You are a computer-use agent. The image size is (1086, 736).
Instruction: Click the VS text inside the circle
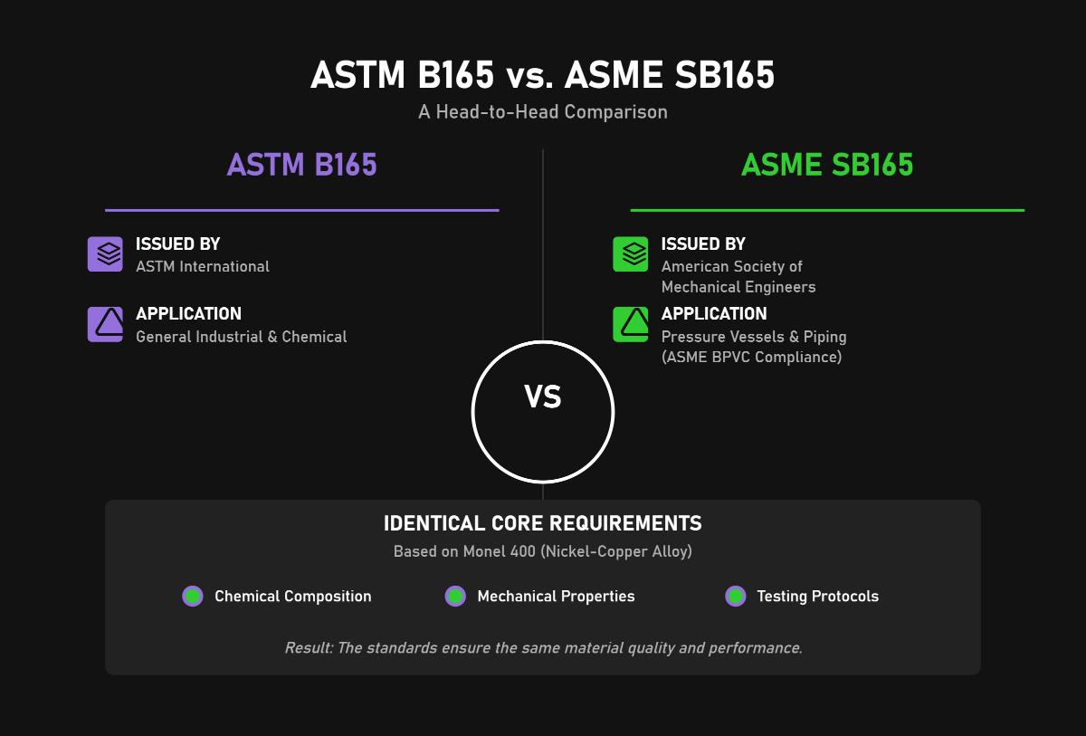(543, 397)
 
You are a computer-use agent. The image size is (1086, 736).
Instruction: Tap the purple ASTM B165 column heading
(301, 166)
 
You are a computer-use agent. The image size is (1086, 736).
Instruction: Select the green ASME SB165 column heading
(827, 166)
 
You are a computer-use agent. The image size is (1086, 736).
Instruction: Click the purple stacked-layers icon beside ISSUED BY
(105, 254)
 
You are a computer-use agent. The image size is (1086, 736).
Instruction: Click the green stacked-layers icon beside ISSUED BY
(631, 254)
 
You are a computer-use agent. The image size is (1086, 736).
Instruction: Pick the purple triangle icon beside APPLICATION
(105, 324)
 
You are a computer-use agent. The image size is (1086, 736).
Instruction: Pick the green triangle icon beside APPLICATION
(631, 324)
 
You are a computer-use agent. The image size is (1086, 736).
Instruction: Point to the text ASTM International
(203, 267)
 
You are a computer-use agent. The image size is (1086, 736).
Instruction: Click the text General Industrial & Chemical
(242, 337)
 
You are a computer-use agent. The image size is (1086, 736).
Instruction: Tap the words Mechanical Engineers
(738, 287)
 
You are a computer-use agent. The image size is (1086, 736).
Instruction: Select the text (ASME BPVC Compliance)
(751, 358)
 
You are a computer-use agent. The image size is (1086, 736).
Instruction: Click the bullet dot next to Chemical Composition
(193, 596)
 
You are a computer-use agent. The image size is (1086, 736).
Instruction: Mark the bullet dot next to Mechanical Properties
(455, 596)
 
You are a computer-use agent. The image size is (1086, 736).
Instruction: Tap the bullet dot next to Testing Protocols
(736, 596)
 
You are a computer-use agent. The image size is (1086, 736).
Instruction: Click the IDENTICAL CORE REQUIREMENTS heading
(543, 524)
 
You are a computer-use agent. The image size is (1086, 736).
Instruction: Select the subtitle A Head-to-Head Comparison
(543, 112)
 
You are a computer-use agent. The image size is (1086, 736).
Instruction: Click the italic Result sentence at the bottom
(543, 648)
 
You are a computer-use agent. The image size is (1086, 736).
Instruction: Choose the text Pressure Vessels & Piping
(754, 337)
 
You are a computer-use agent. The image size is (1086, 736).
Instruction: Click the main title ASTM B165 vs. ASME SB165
(543, 76)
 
